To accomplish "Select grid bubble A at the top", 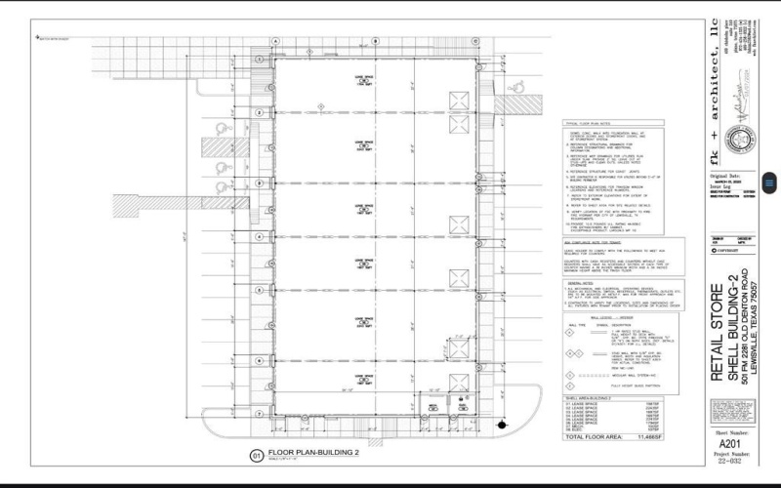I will (275, 40).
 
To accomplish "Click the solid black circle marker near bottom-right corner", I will (501, 425).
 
